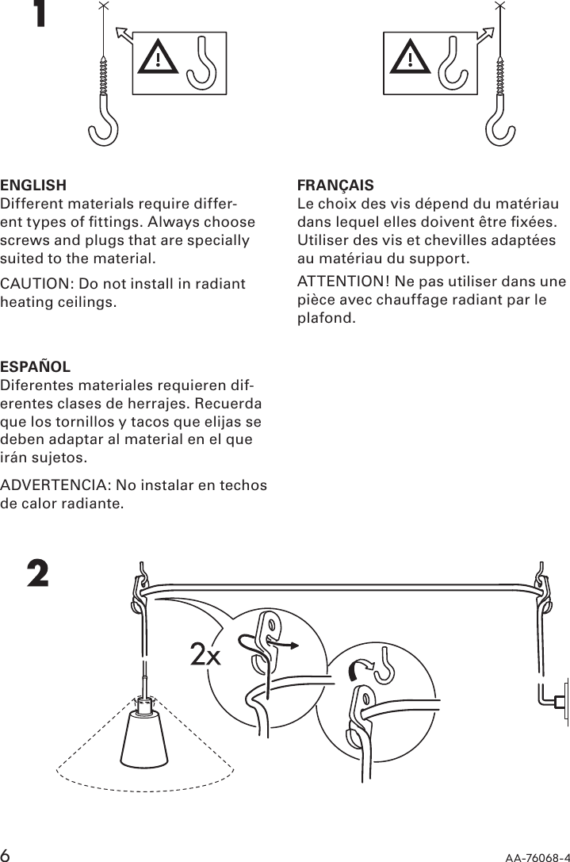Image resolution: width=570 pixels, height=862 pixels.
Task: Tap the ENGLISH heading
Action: tap(33, 186)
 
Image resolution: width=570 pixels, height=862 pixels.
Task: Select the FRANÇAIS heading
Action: tap(335, 186)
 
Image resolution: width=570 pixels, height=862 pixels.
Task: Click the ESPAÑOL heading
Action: tap(36, 368)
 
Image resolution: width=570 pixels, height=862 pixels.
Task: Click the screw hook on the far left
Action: tap(103, 103)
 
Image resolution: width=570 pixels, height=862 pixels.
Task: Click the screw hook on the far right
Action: tap(499, 103)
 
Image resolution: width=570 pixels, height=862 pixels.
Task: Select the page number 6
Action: tap(6, 853)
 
